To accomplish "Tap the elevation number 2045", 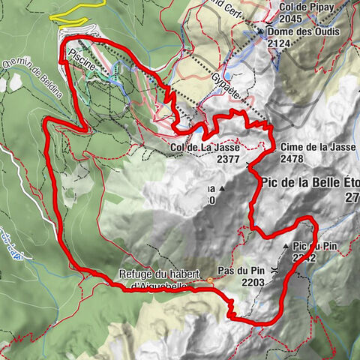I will (x=292, y=19).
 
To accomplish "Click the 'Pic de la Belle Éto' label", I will (x=310, y=182).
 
